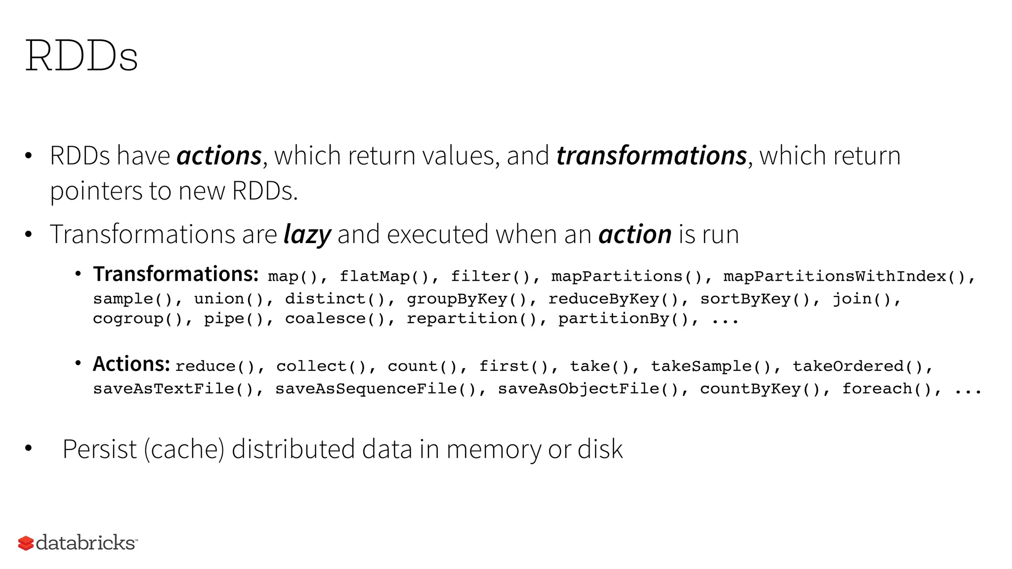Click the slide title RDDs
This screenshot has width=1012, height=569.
(82, 56)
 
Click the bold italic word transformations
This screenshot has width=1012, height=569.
(651, 156)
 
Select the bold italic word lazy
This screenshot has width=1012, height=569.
(307, 234)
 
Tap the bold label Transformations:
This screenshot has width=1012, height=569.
(176, 274)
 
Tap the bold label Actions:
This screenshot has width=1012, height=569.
(131, 364)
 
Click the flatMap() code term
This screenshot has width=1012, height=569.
(384, 276)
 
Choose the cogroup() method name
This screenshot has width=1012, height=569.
(138, 319)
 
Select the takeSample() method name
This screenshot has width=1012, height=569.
(711, 366)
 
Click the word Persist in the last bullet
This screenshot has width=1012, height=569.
(99, 449)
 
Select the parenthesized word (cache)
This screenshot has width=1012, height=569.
(184, 449)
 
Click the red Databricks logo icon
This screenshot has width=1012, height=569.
(26, 543)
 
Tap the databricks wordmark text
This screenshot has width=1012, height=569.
(85, 542)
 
